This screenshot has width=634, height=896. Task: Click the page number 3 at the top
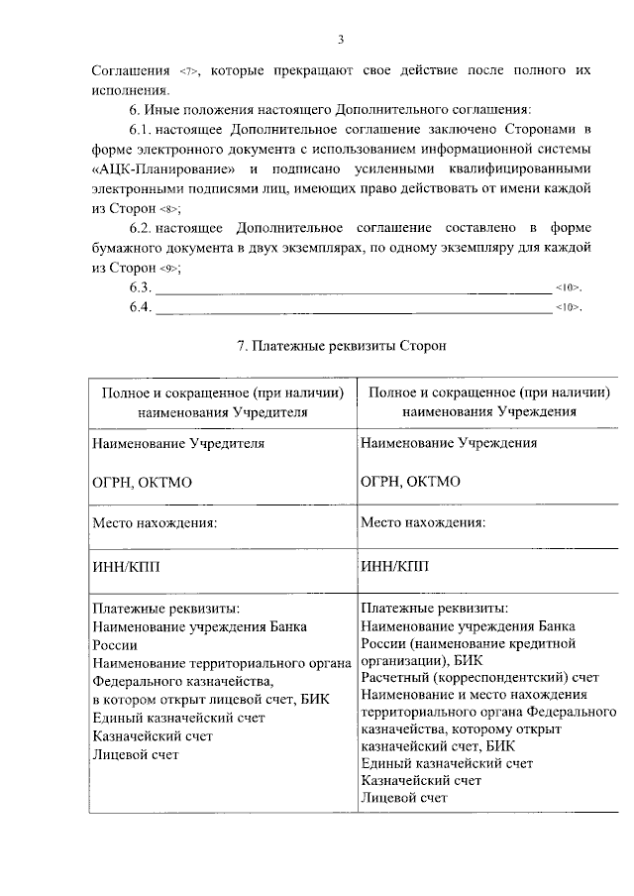coord(340,39)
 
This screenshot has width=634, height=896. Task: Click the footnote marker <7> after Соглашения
coord(189,71)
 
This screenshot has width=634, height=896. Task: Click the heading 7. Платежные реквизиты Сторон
coord(343,347)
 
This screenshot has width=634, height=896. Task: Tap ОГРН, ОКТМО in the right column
coord(411,482)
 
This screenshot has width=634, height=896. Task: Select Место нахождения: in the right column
coord(423,521)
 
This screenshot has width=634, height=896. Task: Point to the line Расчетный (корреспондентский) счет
coord(480,677)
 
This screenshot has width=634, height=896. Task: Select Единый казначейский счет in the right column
coord(447,762)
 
